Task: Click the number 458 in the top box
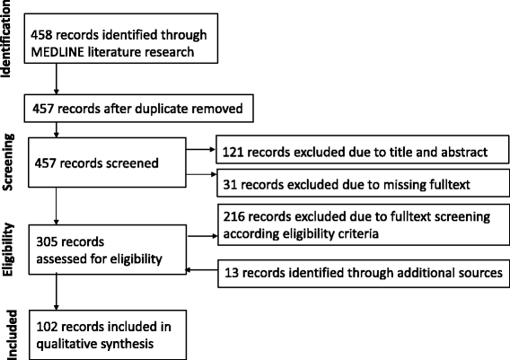coord(43,35)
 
